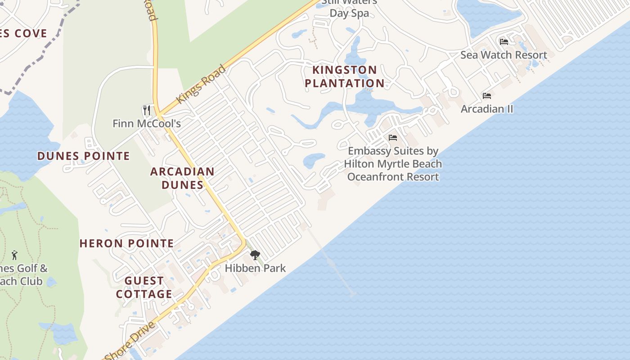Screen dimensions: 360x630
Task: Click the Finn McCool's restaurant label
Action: (x=147, y=123)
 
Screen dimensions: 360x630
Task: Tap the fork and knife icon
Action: (x=146, y=110)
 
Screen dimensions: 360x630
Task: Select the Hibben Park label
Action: (x=255, y=268)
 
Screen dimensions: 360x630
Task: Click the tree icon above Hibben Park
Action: (x=255, y=256)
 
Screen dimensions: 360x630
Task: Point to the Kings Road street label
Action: (x=201, y=84)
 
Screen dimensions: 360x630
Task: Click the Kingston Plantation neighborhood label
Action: (x=345, y=76)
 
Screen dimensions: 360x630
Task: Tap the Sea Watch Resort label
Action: (x=504, y=55)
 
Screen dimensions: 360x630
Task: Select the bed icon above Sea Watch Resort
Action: (x=504, y=42)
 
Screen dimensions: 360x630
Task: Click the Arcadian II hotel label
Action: (x=487, y=109)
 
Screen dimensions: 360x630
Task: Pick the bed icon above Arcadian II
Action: (x=487, y=96)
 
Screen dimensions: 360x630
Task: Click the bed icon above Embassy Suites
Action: (x=393, y=138)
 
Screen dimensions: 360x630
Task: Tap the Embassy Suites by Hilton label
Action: (x=393, y=164)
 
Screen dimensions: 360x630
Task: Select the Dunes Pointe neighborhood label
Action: (x=84, y=156)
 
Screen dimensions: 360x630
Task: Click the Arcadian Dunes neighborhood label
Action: (x=182, y=178)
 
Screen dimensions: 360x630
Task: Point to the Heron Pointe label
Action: (x=127, y=243)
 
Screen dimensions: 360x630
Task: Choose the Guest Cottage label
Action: (x=144, y=288)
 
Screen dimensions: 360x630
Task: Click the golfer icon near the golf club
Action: (x=14, y=255)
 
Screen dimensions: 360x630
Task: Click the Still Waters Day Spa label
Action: (x=350, y=8)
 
